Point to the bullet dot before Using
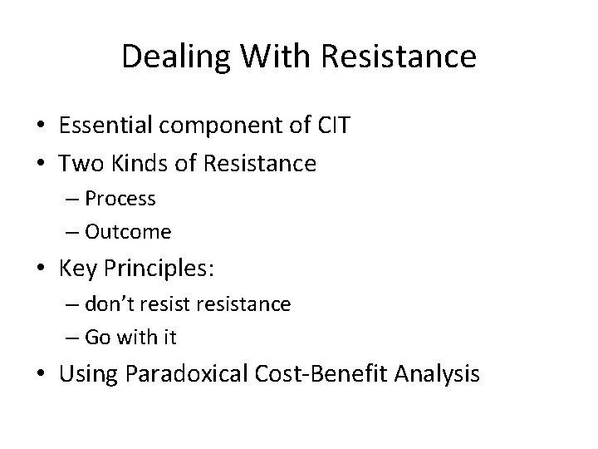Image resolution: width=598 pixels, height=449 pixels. (42, 375)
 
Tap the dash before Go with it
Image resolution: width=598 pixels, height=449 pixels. (69, 337)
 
